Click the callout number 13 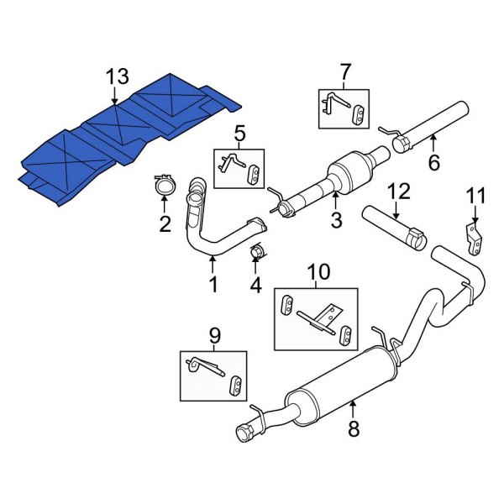coord(118,77)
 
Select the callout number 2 coord(165,223)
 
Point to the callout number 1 coord(213,285)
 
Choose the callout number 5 coord(239,134)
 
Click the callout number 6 coord(433,162)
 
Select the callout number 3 coord(335,221)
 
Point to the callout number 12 coord(398,192)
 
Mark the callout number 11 coord(476,197)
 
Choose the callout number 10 coord(318,272)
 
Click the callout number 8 coord(353,430)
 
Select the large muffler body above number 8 coord(332,391)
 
